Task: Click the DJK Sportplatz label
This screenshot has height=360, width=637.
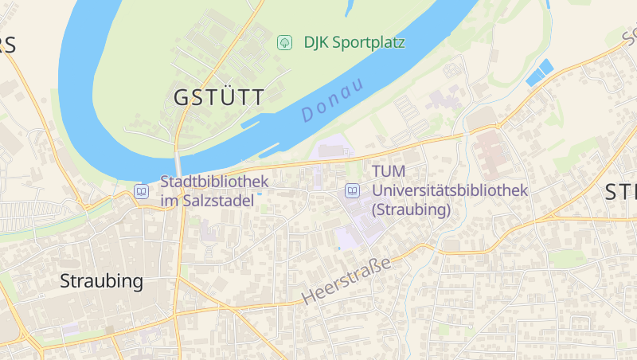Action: [354, 42]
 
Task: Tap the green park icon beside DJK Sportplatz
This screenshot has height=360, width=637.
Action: [284, 42]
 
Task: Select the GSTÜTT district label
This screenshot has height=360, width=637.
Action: [219, 98]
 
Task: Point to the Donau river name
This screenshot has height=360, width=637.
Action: [333, 100]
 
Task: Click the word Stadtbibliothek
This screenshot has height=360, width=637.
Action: [215, 182]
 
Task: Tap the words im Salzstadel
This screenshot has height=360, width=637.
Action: [207, 201]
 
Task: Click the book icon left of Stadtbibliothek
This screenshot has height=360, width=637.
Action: [141, 191]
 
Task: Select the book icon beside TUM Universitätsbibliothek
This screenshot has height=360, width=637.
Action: [352, 191]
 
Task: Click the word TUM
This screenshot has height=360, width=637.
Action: [389, 171]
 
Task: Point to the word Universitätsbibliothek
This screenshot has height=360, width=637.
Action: [451, 191]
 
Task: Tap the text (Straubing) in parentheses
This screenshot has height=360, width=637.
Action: [412, 210]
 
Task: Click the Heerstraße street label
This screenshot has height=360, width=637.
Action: [348, 281]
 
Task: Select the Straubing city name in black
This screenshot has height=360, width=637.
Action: [102, 281]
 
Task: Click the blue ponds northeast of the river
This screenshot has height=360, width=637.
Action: [539, 72]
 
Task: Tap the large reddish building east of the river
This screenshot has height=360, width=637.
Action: [490, 155]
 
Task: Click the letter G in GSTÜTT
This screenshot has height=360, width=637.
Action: [182, 98]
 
